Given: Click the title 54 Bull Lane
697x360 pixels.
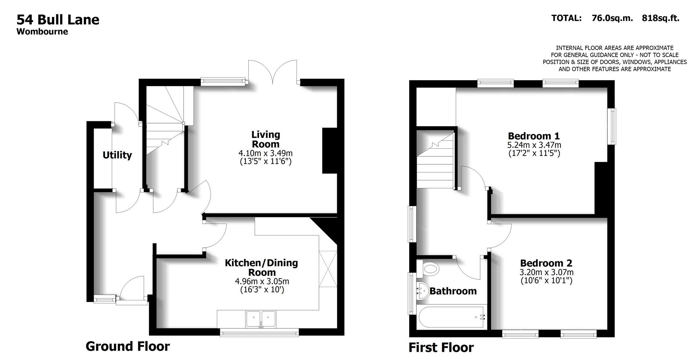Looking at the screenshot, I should click(x=58, y=20).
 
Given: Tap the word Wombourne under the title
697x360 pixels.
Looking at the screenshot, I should click(x=42, y=32).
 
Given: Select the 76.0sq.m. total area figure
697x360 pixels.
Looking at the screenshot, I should click(x=612, y=18).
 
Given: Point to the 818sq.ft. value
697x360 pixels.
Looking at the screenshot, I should click(x=660, y=18).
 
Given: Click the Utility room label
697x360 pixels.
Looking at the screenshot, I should click(x=117, y=155).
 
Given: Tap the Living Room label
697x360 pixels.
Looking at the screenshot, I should click(x=266, y=139).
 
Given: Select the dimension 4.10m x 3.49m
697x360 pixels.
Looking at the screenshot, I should click(x=265, y=153).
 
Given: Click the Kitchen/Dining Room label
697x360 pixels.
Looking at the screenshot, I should click(x=261, y=268).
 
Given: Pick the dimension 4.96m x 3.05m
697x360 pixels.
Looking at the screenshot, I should click(x=262, y=281).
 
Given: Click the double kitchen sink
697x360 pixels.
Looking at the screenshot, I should click(x=261, y=319).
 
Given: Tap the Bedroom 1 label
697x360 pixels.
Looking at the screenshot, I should click(x=534, y=136).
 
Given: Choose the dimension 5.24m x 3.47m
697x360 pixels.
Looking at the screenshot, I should click(x=534, y=145).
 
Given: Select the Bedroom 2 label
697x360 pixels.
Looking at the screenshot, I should click(x=546, y=263).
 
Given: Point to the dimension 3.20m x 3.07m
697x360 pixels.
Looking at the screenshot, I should click(x=546, y=272).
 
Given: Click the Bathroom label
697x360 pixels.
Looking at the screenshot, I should click(x=453, y=291).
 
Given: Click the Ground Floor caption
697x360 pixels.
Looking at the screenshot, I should click(x=127, y=346).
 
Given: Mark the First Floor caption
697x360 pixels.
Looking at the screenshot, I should click(x=441, y=348).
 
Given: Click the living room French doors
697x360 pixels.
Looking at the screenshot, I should click(x=273, y=73).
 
